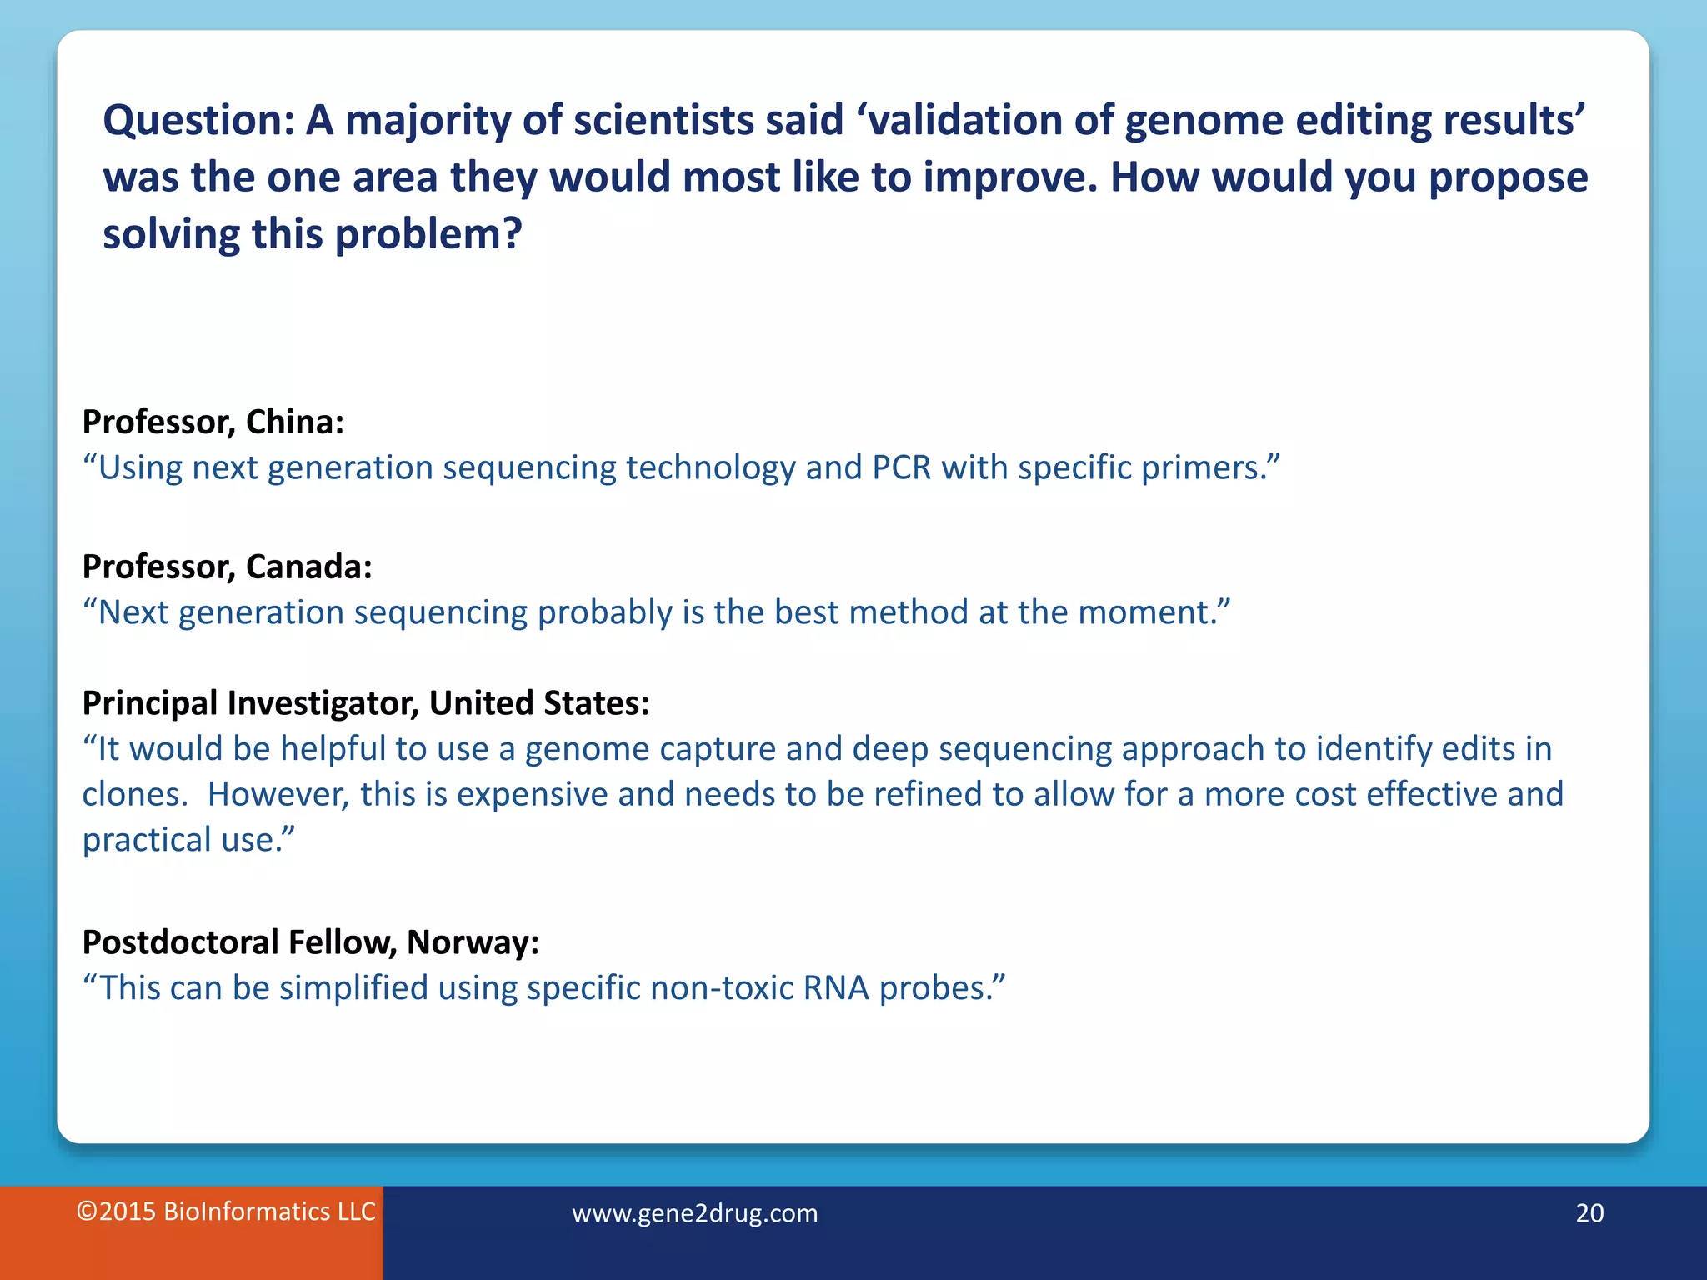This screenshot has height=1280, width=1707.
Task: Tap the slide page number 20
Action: [x=1589, y=1213]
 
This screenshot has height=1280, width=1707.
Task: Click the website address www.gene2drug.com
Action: [x=694, y=1213]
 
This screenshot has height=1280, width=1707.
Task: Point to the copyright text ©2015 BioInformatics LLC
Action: [x=226, y=1212]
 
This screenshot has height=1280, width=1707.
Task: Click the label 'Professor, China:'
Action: [x=213, y=422]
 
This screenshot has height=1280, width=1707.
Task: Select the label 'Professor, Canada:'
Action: [x=227, y=567]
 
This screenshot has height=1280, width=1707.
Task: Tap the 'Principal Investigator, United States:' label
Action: [x=365, y=704]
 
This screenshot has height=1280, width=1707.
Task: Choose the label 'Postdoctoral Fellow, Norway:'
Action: [x=310, y=943]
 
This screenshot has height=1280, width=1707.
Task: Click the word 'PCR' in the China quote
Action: [x=901, y=468]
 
